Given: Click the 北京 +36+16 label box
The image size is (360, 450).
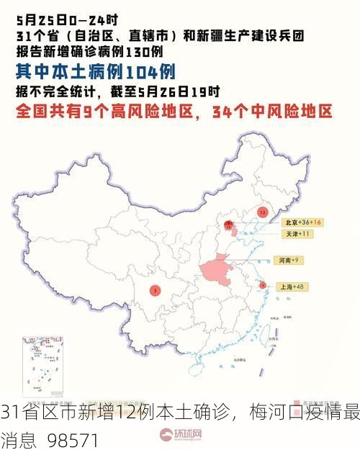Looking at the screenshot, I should click(x=302, y=222).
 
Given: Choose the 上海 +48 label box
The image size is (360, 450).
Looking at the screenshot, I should click(x=292, y=287).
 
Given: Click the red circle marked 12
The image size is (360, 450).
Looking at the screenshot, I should click(x=262, y=212).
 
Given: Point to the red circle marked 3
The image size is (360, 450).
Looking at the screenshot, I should click(x=155, y=290).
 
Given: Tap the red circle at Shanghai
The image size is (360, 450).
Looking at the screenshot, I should click(x=262, y=286).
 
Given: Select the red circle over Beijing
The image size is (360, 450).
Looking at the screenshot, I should click(x=228, y=225).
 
